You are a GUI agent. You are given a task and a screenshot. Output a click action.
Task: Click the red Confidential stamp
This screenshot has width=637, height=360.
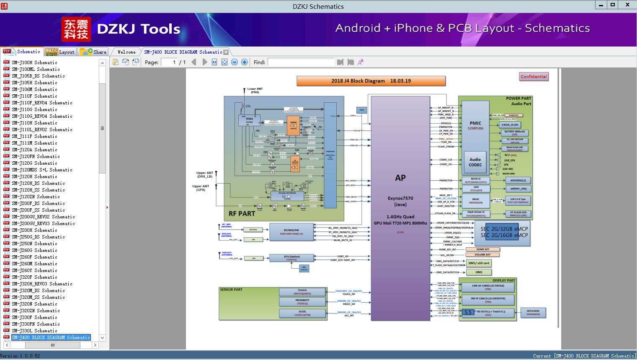coord(534,77)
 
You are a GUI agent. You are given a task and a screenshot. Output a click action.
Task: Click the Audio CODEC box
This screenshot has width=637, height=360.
coord(475,162)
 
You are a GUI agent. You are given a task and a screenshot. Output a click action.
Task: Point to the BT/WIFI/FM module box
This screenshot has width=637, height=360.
coord(291,232)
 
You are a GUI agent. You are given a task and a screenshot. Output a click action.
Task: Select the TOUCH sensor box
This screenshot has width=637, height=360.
coord(302,292)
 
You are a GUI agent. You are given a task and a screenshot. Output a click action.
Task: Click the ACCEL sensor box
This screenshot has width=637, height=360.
coord(302,313)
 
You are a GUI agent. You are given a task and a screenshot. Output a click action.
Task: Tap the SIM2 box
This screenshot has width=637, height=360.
coord(479,272)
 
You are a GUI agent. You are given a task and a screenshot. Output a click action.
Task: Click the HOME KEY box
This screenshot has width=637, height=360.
coord(482,249)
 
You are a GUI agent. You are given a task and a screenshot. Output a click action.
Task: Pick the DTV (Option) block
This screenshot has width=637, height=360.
coord(291,258)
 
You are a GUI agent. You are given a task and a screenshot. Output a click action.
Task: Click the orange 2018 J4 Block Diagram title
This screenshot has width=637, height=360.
coord(371,81)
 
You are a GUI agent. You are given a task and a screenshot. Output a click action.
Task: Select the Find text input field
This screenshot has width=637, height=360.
coord(301,62)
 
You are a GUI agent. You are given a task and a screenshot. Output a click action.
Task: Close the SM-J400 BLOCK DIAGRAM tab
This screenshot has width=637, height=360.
coord(226,52)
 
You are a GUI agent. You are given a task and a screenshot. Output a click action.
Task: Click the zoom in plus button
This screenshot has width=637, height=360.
coord(245,62)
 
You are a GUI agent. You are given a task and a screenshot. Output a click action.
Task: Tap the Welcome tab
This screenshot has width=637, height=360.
coord(126,52)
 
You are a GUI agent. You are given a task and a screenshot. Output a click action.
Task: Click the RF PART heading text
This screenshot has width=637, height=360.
coord(242,214)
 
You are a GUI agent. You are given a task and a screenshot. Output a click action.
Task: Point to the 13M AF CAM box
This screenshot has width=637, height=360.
coord(487,287)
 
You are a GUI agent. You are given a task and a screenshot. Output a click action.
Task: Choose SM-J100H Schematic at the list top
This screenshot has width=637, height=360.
coord(34,62)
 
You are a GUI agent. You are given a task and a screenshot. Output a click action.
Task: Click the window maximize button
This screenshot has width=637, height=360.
coord(613,5)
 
